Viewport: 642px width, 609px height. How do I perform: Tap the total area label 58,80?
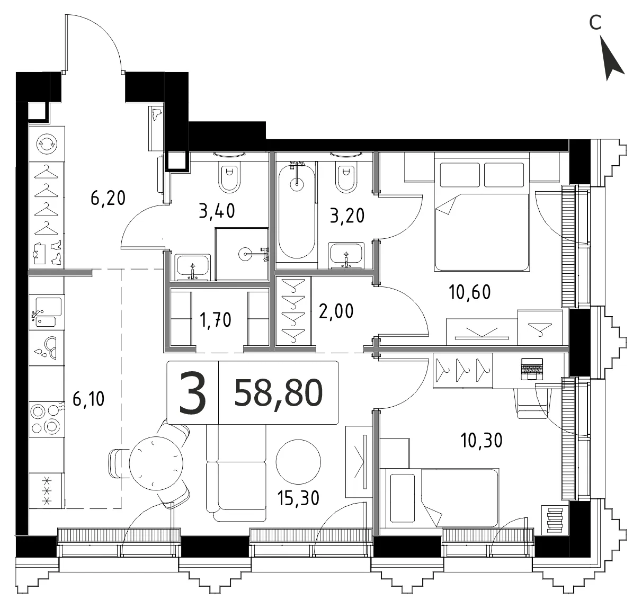[279, 393]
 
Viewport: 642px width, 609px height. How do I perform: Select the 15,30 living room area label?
[298, 498]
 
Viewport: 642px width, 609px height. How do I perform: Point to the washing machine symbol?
[47, 144]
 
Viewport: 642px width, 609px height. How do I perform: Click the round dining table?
[156, 463]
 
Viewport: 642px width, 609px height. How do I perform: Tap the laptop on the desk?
[532, 369]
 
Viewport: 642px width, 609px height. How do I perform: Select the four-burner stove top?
[46, 419]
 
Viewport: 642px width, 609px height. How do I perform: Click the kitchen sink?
[48, 312]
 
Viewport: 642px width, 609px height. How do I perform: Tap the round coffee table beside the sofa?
[298, 462]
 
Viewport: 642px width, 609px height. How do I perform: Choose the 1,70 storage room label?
[216, 320]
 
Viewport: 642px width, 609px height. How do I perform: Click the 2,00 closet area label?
[336, 311]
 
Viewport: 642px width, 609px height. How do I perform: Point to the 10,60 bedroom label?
[469, 292]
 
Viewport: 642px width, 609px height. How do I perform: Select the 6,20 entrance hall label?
[108, 198]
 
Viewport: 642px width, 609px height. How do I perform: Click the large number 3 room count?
[192, 393]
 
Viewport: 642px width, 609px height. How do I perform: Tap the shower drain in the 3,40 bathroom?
[245, 253]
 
